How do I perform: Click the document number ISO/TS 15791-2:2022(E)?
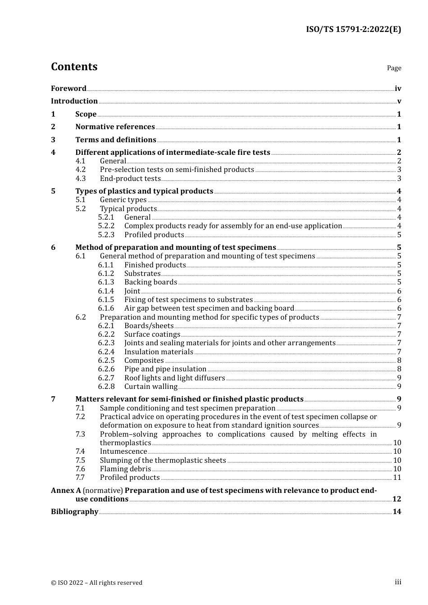click(x=353, y=29)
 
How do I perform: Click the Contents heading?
click(x=74, y=67)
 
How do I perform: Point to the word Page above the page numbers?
click(x=394, y=68)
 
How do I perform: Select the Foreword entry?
click(x=68, y=88)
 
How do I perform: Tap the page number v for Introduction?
click(x=399, y=101)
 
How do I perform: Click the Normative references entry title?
click(x=115, y=127)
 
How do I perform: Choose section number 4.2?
click(x=81, y=170)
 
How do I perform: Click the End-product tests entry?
click(x=130, y=178)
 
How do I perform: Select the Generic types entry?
click(x=123, y=200)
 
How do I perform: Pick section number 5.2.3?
click(x=106, y=235)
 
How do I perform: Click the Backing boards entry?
click(x=150, y=282)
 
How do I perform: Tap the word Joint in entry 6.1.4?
click(x=132, y=291)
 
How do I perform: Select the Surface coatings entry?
click(x=152, y=334)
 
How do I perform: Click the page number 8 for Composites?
click(x=399, y=361)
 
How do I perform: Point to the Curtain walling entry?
click(x=151, y=387)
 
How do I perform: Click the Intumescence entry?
click(x=123, y=451)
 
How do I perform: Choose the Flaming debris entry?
click(x=125, y=469)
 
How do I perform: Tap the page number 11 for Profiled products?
click(x=397, y=478)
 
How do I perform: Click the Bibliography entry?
click(x=74, y=512)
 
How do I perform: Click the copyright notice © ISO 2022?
click(x=96, y=582)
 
